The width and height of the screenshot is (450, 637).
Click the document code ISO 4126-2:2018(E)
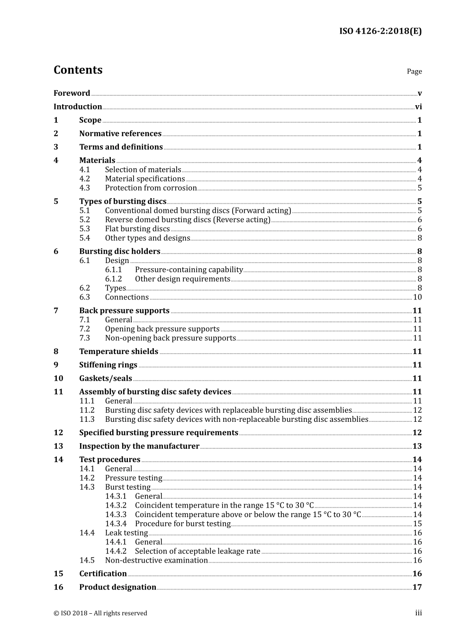coord(380,31)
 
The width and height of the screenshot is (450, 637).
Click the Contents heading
coord(78,70)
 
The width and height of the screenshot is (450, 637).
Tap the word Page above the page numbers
coord(414,72)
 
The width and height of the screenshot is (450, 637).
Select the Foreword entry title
coord(72,93)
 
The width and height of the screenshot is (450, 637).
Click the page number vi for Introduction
coord(418,107)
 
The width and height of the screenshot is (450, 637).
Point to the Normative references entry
coord(120,134)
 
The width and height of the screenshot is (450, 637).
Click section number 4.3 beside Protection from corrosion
coord(84,188)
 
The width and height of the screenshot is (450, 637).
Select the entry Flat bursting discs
coord(137,229)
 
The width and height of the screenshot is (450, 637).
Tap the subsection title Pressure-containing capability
coord(189,270)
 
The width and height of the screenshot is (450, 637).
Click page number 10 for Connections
coord(417,297)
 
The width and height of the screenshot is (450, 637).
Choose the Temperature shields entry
coord(118,352)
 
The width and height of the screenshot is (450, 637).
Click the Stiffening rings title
coord(108,365)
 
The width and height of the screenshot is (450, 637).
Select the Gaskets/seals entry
coord(105,379)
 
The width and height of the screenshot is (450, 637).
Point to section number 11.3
coord(87,419)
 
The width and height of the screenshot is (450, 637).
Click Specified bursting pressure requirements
coord(159,433)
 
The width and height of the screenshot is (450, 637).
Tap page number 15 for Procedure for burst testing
coord(417,524)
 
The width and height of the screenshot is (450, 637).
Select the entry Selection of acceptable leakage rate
coord(198,551)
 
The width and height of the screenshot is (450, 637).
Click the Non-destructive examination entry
coord(156,560)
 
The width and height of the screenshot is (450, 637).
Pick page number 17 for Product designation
coord(417,587)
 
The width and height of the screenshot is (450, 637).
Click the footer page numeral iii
coord(418,613)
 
